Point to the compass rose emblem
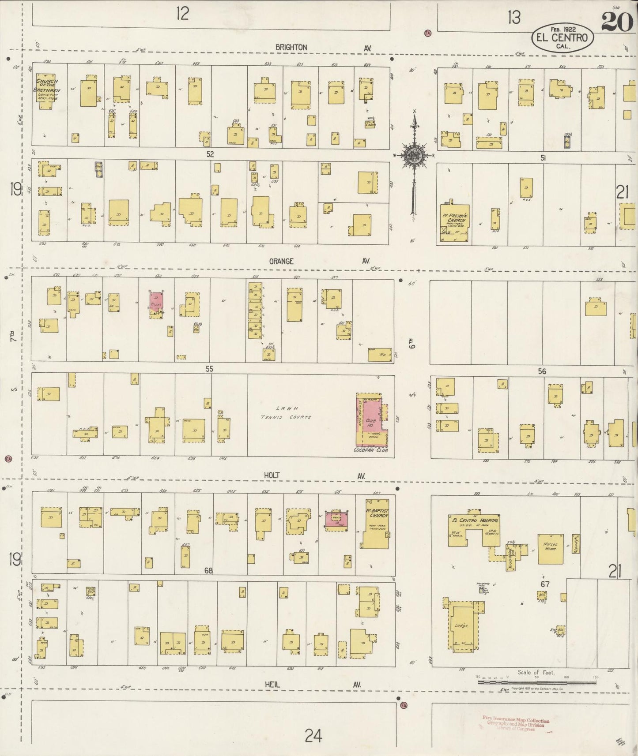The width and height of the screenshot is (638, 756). (x=414, y=156)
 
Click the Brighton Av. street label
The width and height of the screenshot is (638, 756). (x=291, y=47)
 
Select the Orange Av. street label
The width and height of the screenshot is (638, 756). (x=281, y=261)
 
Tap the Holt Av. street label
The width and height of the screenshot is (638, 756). (x=272, y=475)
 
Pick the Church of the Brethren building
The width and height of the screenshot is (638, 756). (x=45, y=91)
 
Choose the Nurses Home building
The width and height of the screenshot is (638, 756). (x=550, y=549)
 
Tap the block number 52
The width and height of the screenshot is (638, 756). (x=210, y=154)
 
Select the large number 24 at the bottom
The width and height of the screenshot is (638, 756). (x=313, y=735)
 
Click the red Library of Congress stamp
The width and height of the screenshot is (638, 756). (x=515, y=723)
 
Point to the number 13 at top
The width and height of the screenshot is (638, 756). (x=513, y=18)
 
